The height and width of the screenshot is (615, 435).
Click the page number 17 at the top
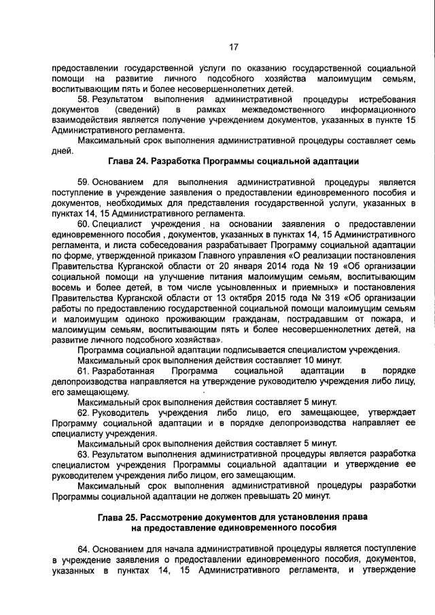pos(233,47)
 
